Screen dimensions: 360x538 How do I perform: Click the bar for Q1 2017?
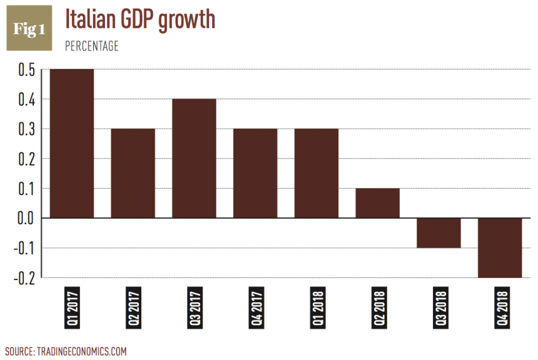point(71,143)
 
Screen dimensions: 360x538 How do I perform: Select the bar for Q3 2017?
point(194,158)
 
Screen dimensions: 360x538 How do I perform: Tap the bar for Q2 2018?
point(377,203)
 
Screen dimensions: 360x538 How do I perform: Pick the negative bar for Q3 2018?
point(439,233)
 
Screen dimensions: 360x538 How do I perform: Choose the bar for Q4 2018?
point(500,248)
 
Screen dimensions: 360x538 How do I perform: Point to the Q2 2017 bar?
point(133,173)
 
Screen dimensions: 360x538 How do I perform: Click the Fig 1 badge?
point(29,28)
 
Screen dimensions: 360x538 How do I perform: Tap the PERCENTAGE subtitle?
point(91,46)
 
